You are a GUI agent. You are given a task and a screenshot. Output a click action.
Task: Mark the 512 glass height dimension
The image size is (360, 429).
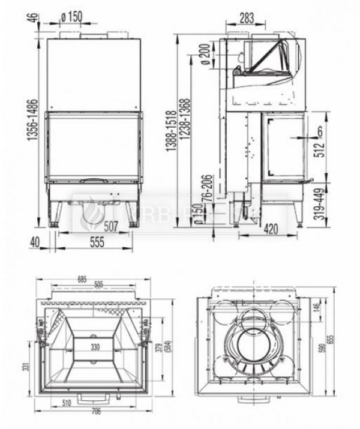tap(320, 146)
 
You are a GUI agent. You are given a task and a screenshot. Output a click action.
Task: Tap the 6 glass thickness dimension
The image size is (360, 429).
tap(320, 130)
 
